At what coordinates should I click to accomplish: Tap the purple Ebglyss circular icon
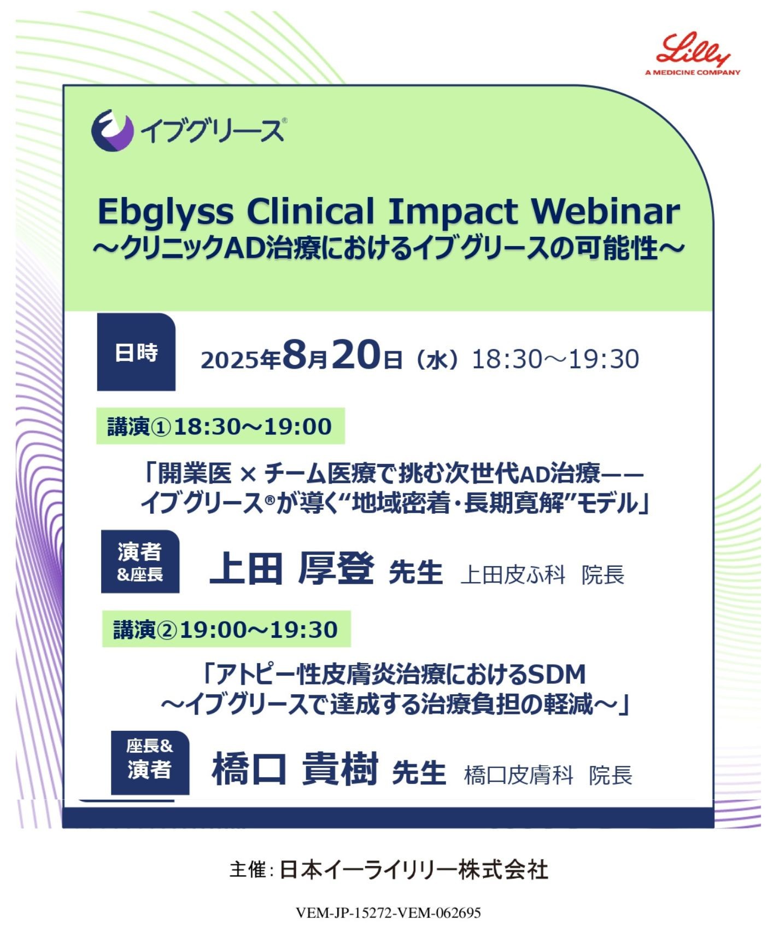coord(113,130)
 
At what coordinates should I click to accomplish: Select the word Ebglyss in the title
coord(165,212)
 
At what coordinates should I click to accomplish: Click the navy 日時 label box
coord(136,352)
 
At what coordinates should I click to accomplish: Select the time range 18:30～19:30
coord(555,359)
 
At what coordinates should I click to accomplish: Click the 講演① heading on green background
coord(220,426)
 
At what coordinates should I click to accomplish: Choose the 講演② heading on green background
coord(226,629)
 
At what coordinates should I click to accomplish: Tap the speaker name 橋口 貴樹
coord(295,769)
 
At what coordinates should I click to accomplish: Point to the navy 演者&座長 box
coord(140,561)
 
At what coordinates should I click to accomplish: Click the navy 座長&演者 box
coord(150,763)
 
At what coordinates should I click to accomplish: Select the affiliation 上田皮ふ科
coord(513,574)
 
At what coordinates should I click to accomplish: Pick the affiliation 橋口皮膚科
coord(518,775)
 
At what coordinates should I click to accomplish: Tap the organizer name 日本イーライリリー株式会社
coord(414,870)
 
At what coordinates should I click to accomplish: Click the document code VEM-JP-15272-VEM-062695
coord(388,912)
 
